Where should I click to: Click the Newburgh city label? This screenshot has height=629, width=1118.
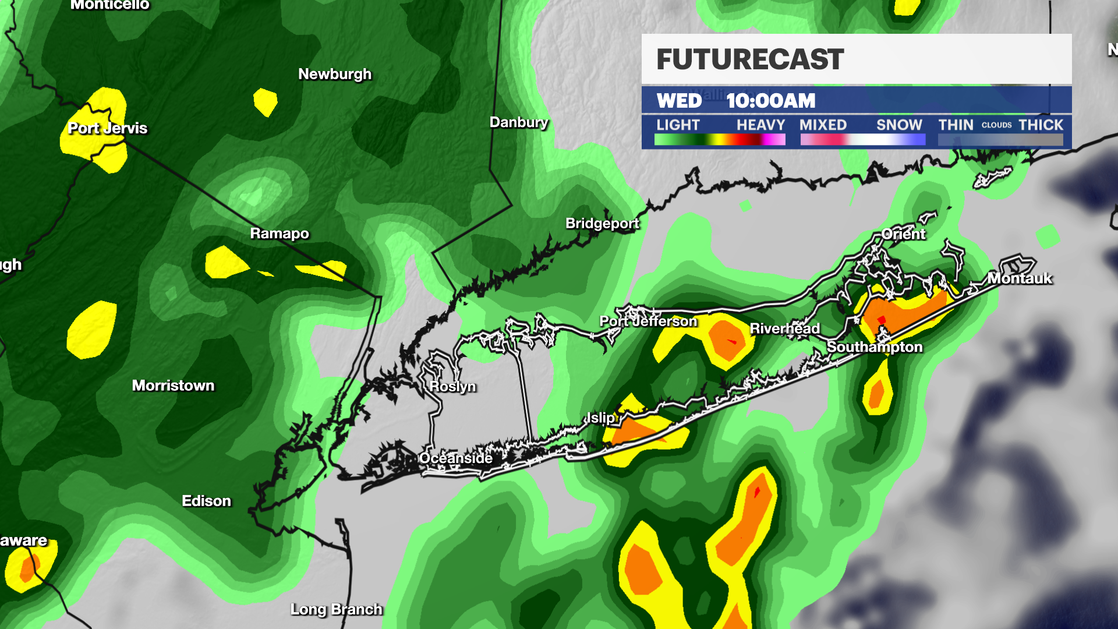pos(335,75)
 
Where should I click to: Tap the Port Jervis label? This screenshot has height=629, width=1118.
pos(108,128)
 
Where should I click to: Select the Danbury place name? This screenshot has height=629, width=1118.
pos(519,122)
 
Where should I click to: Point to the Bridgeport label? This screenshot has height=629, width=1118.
pos(602,224)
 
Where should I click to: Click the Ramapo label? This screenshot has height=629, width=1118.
pos(279,234)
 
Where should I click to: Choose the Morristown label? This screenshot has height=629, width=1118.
pos(173,386)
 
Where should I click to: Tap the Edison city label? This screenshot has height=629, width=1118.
pos(206,501)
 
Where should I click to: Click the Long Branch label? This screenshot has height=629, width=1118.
pos(337,609)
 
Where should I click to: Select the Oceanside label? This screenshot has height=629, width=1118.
pos(456,458)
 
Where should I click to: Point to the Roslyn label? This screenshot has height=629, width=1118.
pos(452,387)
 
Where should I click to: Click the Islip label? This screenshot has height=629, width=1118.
pos(600,418)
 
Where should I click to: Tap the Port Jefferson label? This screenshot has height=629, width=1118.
pos(648,321)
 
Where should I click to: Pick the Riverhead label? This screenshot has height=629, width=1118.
pos(784,329)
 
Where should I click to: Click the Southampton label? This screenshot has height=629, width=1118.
pos(875,347)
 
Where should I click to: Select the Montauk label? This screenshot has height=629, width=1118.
pos(1020,278)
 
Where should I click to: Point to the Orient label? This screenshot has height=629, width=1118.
pos(903,234)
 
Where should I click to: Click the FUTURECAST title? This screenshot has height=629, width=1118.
pos(750,59)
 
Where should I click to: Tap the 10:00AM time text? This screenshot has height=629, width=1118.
pos(770,101)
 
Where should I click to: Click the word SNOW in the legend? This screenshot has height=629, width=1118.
pos(899,125)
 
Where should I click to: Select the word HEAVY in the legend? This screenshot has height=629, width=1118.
pos(760,125)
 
